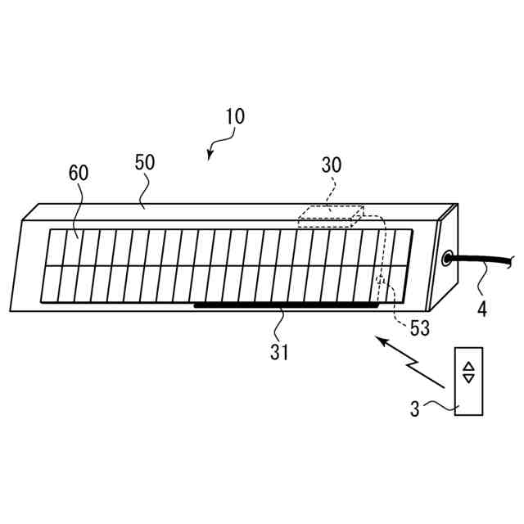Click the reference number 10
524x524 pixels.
click(234, 116)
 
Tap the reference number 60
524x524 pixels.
click(79, 173)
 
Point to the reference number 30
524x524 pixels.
click(332, 165)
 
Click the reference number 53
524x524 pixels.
click(419, 328)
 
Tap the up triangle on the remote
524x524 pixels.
click(468, 366)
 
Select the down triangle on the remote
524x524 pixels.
click(468, 377)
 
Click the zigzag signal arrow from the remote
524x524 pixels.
click(409, 360)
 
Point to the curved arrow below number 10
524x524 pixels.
click(215, 147)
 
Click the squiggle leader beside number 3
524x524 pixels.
click(437, 403)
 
